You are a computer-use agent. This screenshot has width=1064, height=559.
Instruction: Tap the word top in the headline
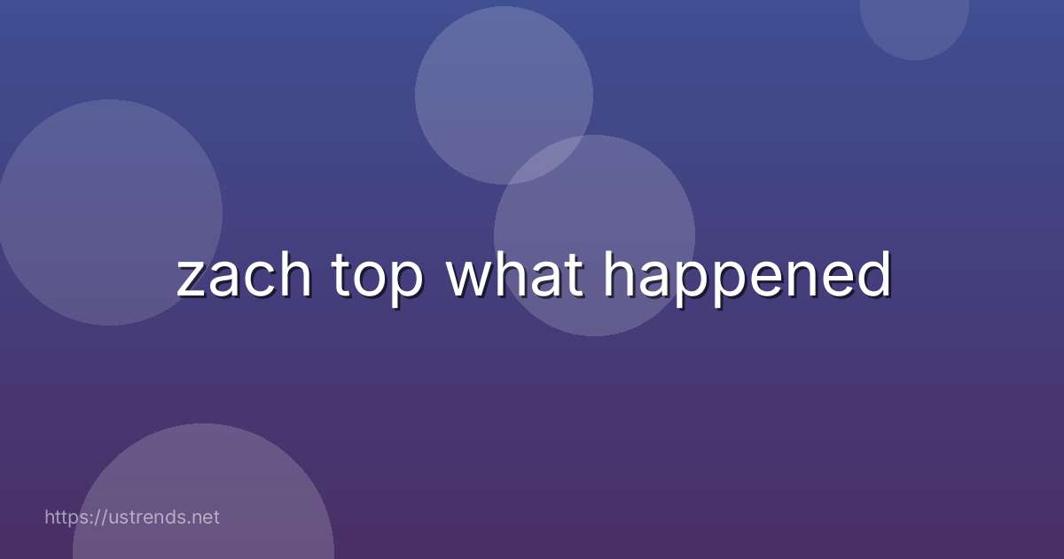(x=377, y=279)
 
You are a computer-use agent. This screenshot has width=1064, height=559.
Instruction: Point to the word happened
(x=747, y=279)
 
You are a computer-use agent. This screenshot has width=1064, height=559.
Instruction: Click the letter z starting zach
(x=192, y=280)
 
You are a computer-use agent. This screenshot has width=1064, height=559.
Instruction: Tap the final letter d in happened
(x=875, y=275)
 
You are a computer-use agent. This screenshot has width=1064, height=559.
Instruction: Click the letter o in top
(x=372, y=280)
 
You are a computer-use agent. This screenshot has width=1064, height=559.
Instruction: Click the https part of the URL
(x=66, y=517)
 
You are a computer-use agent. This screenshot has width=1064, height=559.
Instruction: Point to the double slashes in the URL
(x=100, y=517)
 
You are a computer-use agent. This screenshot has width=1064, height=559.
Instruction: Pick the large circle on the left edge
(x=110, y=212)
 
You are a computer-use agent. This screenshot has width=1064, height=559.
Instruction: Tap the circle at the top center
(x=504, y=95)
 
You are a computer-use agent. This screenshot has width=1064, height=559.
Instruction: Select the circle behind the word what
(x=594, y=236)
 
